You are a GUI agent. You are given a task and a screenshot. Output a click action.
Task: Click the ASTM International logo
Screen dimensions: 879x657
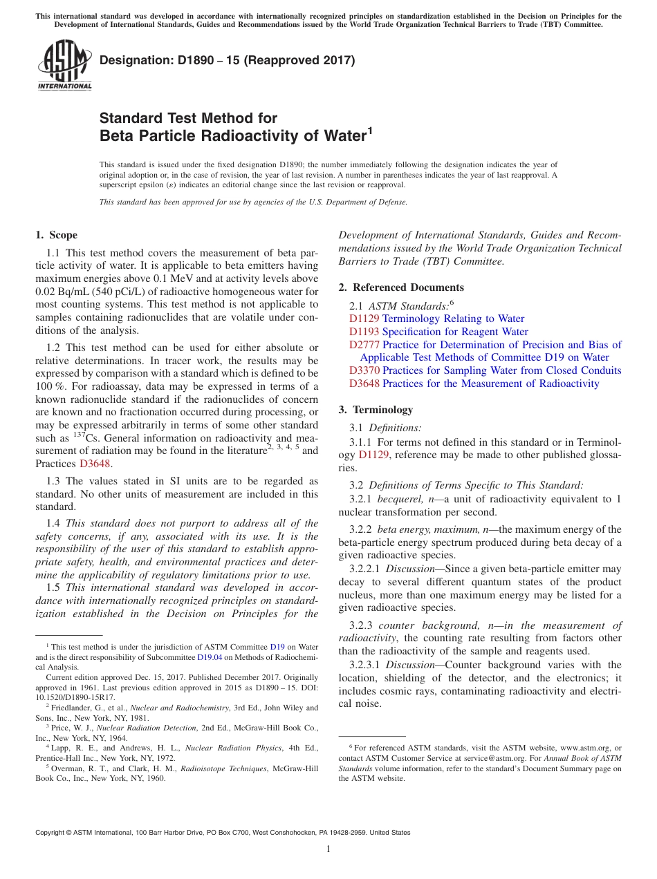64,66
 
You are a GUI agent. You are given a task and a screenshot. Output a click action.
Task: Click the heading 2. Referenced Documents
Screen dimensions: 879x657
401,287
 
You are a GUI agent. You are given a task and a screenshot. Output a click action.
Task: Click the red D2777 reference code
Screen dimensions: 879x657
364,344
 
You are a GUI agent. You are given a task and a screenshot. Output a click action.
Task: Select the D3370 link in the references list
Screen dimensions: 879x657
364,370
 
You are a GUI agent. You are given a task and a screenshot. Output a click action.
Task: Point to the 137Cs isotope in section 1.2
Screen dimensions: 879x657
83,437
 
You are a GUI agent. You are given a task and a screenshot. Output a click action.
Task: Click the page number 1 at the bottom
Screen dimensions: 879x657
328,849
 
